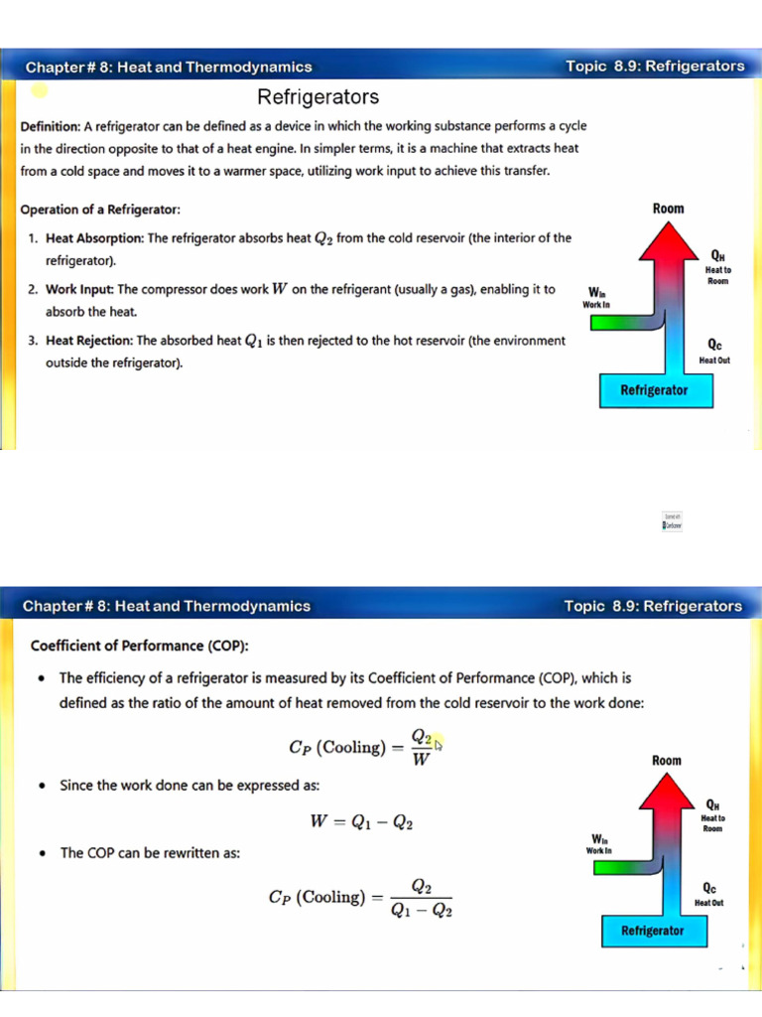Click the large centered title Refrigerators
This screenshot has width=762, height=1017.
317,97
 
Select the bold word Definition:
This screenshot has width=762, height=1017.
50,127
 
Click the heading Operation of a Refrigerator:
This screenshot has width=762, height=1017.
100,211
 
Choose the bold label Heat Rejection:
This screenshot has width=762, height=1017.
89,341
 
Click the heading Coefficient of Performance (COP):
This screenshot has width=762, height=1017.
139,646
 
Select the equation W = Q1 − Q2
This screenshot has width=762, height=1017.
362,822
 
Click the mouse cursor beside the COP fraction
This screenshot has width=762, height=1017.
438,743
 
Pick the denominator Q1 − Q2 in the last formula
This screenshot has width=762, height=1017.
422,911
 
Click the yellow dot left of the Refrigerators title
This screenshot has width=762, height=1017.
40,90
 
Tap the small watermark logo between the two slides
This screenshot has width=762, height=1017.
672,521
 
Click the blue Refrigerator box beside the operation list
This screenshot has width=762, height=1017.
653,390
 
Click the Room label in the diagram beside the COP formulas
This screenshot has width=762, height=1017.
667,761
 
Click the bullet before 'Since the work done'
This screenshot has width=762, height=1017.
41,786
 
